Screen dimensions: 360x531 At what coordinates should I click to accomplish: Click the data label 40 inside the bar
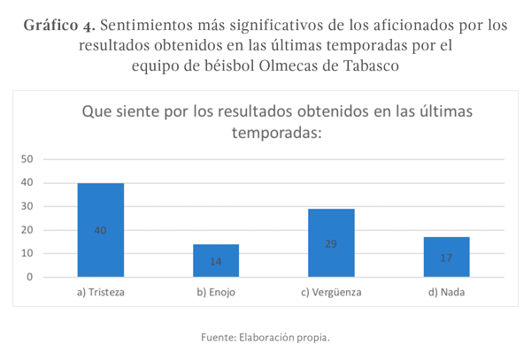100,230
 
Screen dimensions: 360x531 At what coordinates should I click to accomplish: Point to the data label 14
216,262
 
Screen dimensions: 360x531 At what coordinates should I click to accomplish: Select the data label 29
331,242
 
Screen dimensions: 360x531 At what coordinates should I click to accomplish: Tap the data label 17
446,258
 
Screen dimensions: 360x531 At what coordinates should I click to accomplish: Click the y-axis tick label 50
27,159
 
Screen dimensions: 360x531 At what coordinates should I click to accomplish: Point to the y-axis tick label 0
30,277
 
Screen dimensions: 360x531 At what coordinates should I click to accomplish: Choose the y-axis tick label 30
27,206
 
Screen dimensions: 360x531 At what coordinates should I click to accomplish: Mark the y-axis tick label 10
27,254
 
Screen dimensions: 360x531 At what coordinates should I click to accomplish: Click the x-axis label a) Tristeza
100,292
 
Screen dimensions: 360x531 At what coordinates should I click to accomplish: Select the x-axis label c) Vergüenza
331,292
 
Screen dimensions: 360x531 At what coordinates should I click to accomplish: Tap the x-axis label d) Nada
446,292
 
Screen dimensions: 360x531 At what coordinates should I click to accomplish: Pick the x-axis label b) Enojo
216,292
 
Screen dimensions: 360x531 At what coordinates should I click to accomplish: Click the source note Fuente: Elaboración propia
265,337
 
